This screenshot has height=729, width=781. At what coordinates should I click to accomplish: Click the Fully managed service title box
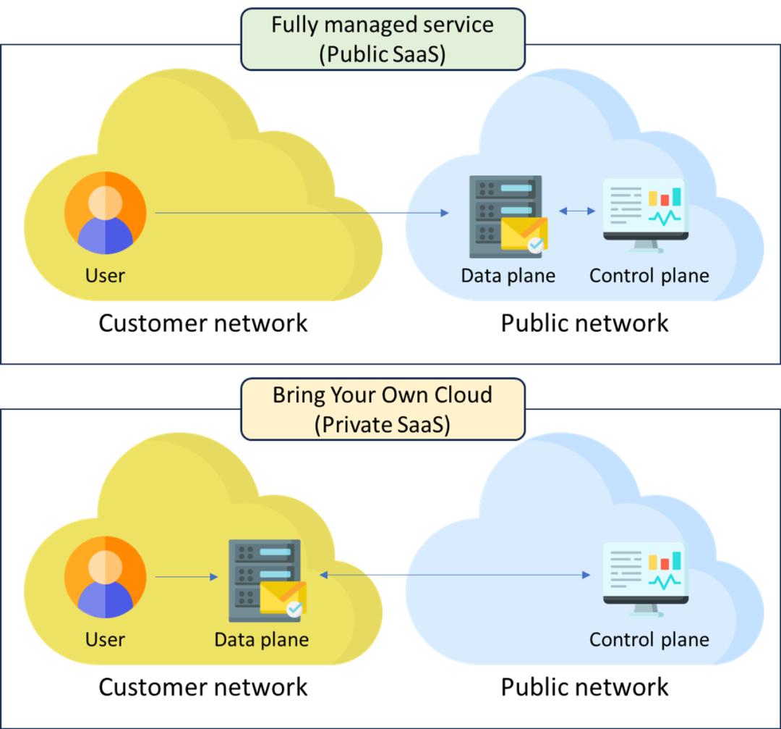383,39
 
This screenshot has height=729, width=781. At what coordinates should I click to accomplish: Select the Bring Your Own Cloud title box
383,409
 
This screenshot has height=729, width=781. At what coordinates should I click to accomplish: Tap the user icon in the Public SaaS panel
106,213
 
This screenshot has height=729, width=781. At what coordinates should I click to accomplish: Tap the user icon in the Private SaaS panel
106,577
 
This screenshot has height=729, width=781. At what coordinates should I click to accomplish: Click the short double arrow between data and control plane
577,211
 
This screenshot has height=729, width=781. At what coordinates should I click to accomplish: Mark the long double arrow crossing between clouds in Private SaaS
455,575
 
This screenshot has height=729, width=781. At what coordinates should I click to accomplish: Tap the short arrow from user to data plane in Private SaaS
187,577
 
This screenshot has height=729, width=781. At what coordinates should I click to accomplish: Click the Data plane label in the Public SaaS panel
508,276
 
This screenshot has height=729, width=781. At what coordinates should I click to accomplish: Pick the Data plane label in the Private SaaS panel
261,640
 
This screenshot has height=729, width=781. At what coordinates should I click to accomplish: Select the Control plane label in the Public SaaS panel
649,276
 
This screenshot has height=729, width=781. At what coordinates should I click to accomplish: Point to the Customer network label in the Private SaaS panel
202,686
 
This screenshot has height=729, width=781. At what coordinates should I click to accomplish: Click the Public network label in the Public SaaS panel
584,323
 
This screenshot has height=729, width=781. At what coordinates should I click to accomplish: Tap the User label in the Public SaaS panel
105,276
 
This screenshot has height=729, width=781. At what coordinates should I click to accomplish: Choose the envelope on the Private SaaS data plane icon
283,598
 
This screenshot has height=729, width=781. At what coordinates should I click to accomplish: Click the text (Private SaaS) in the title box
383,425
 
